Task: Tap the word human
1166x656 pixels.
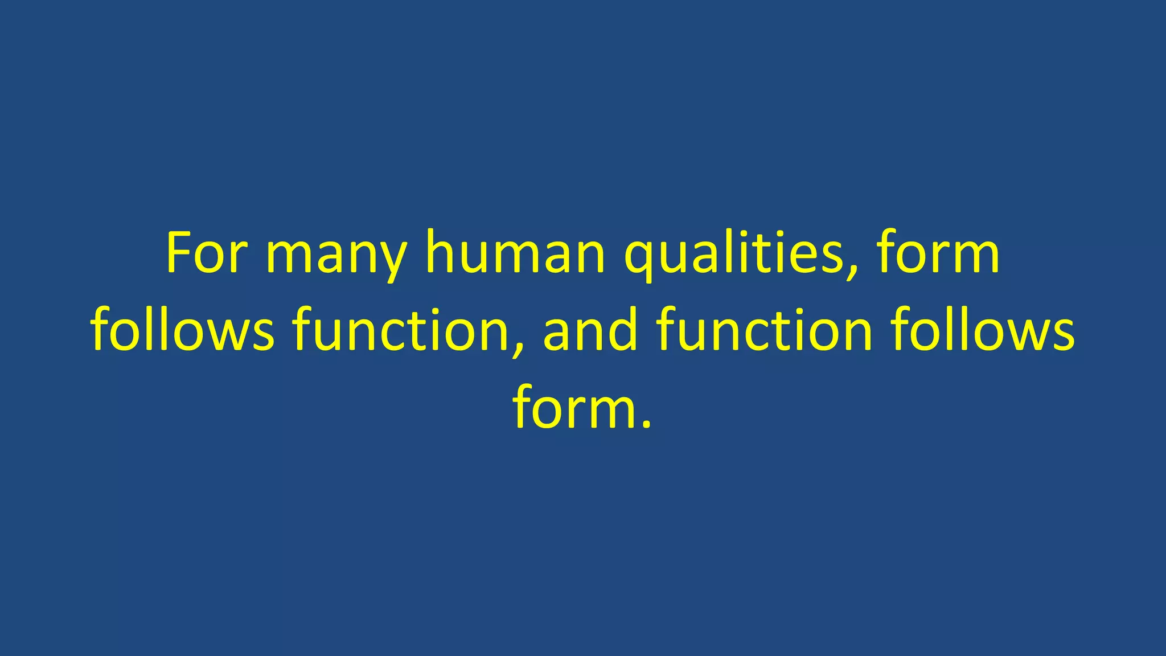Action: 515,253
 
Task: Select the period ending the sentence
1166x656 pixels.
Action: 646,424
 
